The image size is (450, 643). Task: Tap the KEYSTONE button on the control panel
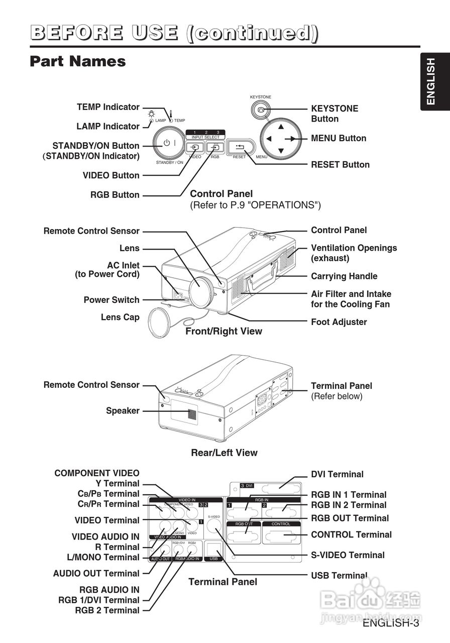tap(261, 109)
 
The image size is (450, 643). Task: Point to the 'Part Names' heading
tap(78, 61)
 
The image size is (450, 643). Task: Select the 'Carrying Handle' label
tap(344, 276)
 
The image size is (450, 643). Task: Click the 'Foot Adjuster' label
tap(339, 322)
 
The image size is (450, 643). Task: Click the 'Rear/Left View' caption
tap(224, 453)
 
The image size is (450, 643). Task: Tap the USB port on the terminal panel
tap(213, 550)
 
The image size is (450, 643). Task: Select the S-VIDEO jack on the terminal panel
tap(215, 526)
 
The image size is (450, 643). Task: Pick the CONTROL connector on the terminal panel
tap(284, 536)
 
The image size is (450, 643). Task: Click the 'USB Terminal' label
tap(339, 576)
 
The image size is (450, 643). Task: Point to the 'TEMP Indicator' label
tap(108, 107)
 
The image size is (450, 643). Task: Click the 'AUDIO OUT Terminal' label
tap(96, 573)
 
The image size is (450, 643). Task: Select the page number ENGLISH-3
tap(390, 623)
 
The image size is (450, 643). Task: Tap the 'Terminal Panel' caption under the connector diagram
tap(222, 582)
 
